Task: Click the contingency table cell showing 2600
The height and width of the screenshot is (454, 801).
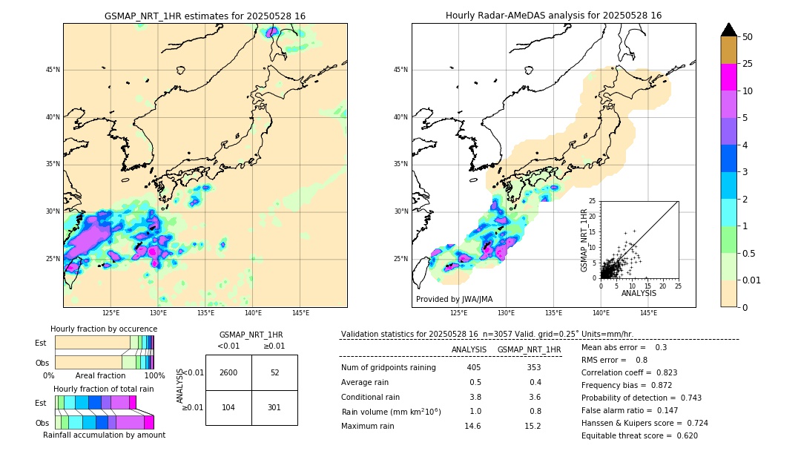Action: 228,372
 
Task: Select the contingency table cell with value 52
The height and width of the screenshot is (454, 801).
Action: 274,372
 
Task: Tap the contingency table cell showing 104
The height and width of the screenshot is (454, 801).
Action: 228,407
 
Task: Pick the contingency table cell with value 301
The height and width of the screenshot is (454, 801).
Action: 274,407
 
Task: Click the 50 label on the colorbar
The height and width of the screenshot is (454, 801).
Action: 748,37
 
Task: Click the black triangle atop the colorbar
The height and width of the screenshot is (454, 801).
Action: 729,30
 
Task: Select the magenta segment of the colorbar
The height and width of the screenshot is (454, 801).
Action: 729,77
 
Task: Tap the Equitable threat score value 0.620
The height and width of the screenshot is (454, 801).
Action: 684,436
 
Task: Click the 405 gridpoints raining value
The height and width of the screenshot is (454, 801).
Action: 474,368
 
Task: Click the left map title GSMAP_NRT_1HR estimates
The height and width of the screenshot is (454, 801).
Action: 205,16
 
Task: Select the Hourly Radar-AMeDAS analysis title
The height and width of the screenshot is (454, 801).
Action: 553,16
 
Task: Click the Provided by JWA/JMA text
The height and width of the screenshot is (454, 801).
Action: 454,300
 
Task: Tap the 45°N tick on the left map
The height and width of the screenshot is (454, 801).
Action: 53,70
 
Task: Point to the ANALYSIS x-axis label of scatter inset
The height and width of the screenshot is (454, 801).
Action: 639,293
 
